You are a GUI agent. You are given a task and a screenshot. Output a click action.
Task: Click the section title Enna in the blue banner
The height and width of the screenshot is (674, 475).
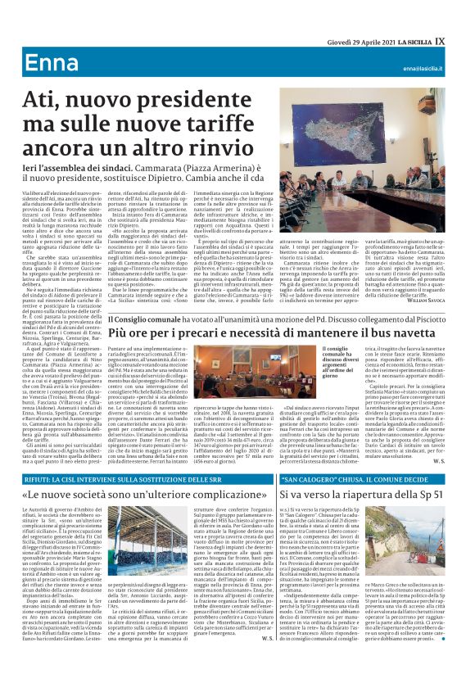click(x=50, y=65)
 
